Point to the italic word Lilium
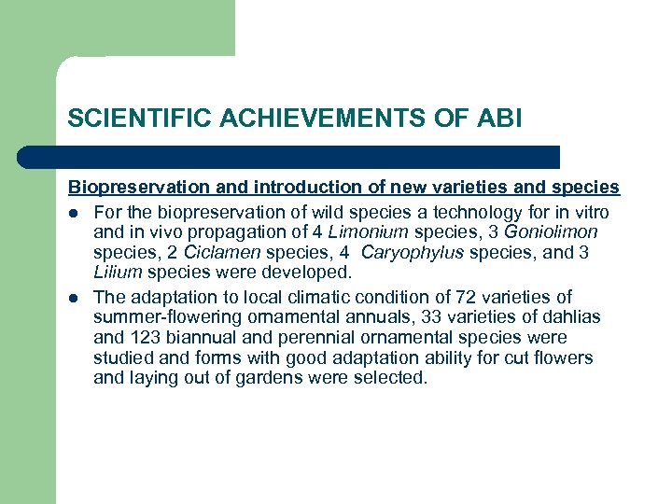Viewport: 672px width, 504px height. (118, 273)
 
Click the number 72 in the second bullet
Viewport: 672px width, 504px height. (465, 297)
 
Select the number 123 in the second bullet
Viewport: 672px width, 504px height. (143, 338)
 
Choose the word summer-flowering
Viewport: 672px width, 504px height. (157, 317)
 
